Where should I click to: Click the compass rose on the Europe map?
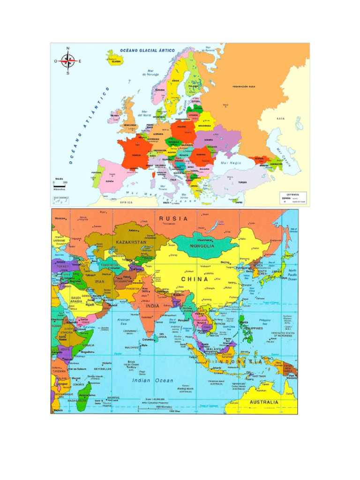(x=68, y=60)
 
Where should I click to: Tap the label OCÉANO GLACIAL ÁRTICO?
(x=147, y=50)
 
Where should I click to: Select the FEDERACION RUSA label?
(x=244, y=87)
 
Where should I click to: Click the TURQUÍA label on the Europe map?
(x=242, y=182)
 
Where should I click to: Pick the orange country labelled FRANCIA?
(x=136, y=154)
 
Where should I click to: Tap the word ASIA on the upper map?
(x=281, y=119)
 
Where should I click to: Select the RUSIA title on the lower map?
(x=173, y=218)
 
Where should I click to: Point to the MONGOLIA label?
(x=202, y=246)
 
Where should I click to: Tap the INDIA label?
(x=152, y=306)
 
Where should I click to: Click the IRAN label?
(x=100, y=282)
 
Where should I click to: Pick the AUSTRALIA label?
(x=264, y=402)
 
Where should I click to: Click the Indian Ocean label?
(x=152, y=381)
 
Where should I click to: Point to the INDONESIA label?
(x=239, y=362)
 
